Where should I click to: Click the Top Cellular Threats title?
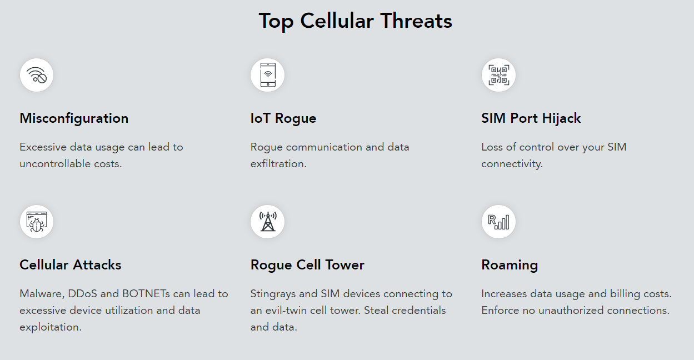point(356,21)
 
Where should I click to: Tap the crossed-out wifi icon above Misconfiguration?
point(37,75)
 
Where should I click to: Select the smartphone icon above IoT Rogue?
point(268,74)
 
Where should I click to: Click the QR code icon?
point(498,75)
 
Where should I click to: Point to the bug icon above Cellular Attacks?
point(37,222)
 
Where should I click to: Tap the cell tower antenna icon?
point(268,222)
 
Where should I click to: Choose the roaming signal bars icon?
point(498,222)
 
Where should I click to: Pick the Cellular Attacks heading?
point(71,265)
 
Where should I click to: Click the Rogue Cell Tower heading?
point(307,265)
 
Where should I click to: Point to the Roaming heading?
point(510,265)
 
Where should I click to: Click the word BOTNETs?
point(146,294)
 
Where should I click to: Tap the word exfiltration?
point(278,163)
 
